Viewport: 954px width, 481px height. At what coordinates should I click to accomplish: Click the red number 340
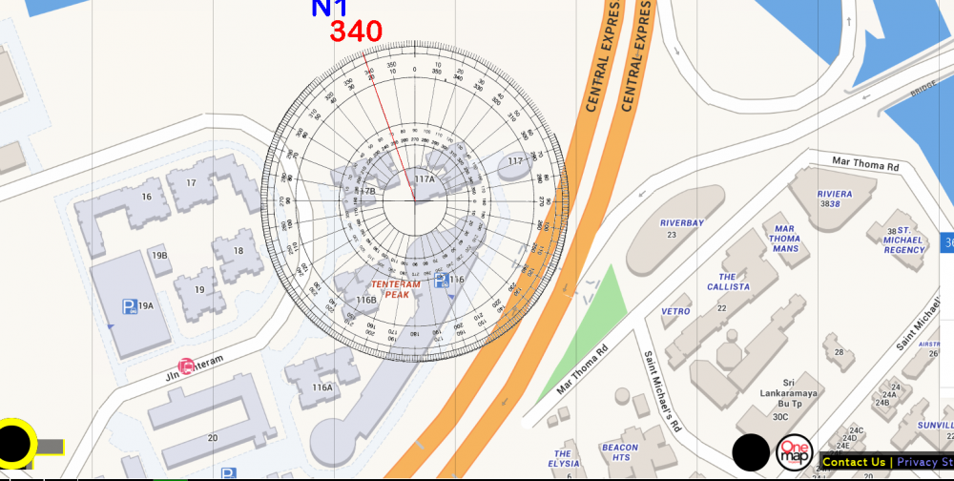pyautogui.click(x=356, y=31)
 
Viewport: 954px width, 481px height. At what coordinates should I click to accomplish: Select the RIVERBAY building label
pyautogui.click(x=681, y=223)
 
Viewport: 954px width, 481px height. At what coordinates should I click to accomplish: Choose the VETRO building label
pyautogui.click(x=675, y=311)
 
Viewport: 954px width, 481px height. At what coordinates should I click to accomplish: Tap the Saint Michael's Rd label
pyautogui.click(x=661, y=391)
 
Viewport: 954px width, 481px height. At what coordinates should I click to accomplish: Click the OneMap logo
pyautogui.click(x=795, y=452)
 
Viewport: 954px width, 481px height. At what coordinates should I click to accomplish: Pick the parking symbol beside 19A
pyautogui.click(x=129, y=306)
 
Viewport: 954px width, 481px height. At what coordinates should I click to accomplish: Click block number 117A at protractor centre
pyautogui.click(x=425, y=179)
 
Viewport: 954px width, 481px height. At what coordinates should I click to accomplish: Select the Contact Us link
pyautogui.click(x=853, y=462)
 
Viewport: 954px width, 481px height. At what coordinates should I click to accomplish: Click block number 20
pyautogui.click(x=212, y=438)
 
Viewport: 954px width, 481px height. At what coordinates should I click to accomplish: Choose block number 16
pyautogui.click(x=146, y=197)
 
